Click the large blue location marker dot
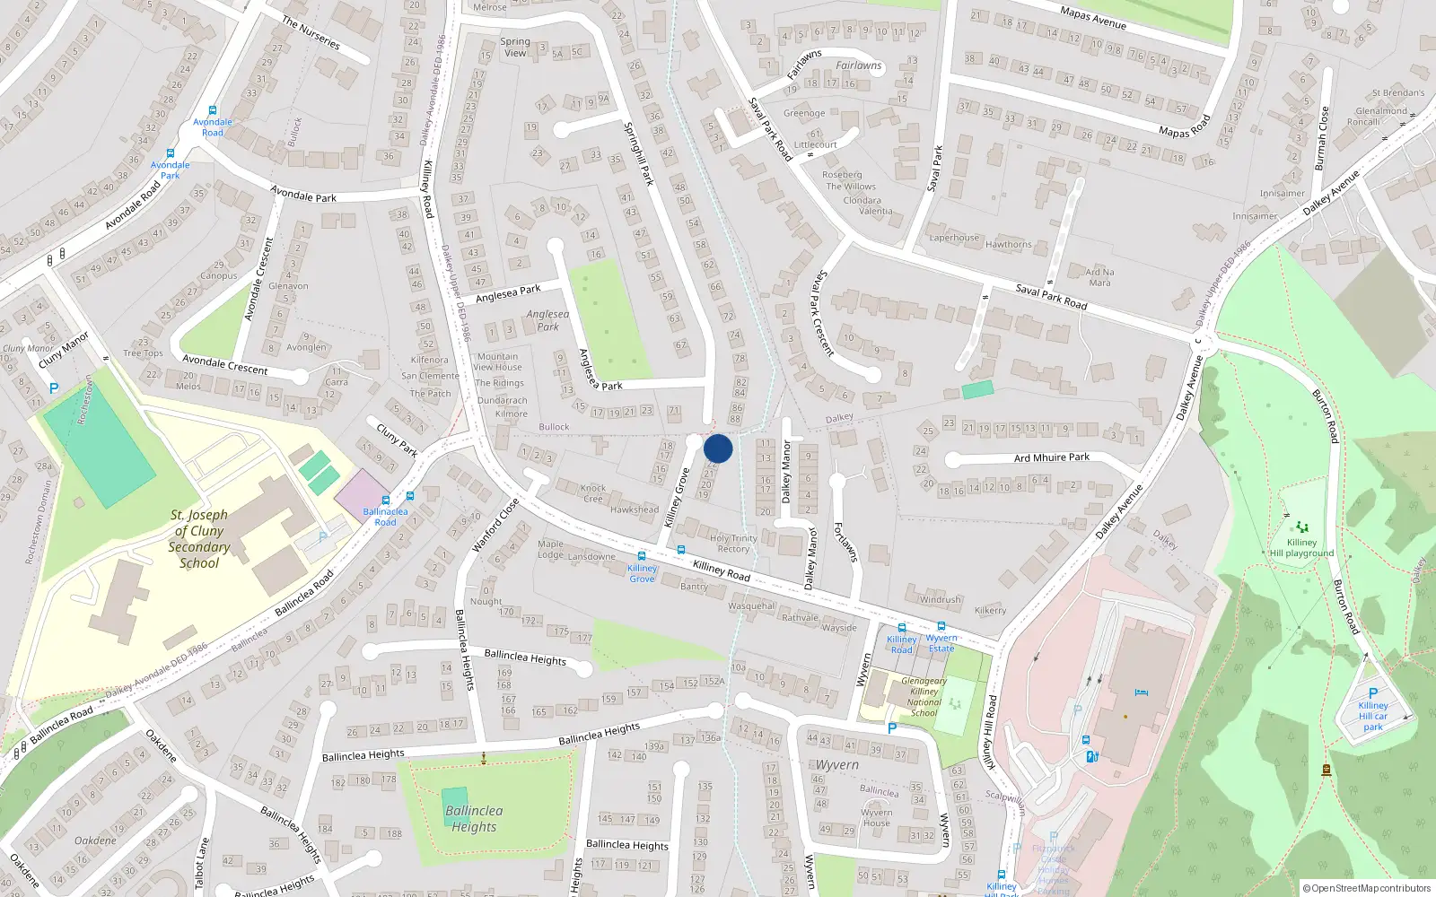718,448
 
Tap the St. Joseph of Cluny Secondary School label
199,539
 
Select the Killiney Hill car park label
1372,716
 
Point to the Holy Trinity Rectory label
733,544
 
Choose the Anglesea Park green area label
548,320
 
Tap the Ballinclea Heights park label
474,818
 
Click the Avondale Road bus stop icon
213,110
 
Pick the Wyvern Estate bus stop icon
941,626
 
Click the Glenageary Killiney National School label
924,697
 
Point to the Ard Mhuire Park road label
1052,457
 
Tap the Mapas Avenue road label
1093,18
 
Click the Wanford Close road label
496,525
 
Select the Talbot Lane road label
201,862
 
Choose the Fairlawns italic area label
859,65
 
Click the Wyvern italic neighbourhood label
836,765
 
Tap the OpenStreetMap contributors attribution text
1367,888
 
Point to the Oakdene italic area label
95,840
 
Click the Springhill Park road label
638,153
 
